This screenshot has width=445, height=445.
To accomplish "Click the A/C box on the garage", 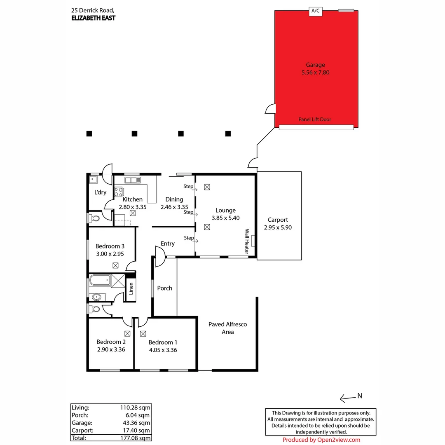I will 315,12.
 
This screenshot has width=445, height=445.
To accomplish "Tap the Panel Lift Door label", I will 315,119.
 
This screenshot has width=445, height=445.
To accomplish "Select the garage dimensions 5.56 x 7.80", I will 315,73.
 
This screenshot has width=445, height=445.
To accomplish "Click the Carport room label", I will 278,220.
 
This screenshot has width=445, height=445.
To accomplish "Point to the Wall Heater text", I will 248,241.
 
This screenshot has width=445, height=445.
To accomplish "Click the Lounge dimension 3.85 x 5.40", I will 225,218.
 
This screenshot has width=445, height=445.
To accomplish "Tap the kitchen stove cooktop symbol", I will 119,192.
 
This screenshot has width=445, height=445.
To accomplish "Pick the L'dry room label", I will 100,192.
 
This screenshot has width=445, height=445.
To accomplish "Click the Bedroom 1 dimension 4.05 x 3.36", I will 163,350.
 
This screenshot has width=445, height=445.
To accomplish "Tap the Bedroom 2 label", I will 111,342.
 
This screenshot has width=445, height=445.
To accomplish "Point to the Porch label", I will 165,288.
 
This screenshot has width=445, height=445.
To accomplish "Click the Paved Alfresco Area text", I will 227,328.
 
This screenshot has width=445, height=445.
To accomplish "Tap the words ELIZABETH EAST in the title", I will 93,18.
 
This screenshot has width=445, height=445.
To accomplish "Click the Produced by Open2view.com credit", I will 321,440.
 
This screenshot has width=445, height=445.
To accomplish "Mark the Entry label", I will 168,244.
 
